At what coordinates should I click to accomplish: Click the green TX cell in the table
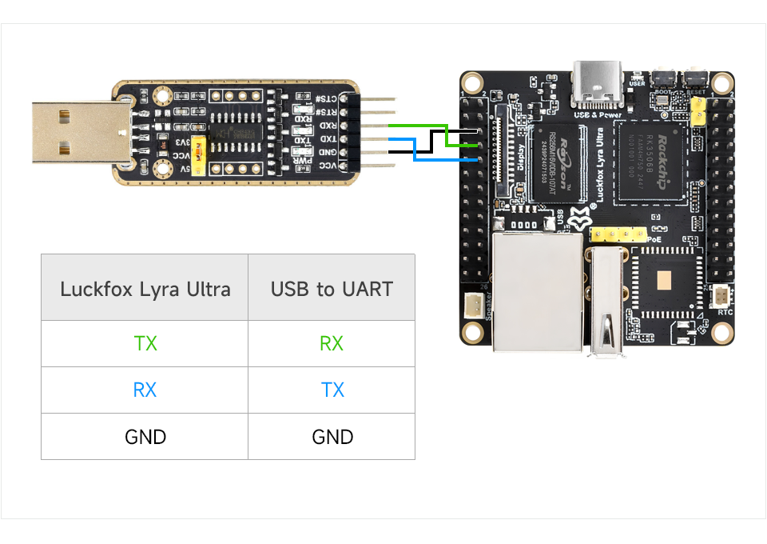(145, 344)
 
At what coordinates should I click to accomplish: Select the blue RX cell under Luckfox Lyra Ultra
(145, 390)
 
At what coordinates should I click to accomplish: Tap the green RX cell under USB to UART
(332, 344)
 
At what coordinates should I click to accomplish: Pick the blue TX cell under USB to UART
(332, 390)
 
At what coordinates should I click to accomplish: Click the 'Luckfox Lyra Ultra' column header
(145, 289)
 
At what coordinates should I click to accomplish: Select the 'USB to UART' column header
(332, 289)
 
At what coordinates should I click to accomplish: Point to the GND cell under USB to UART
(332, 437)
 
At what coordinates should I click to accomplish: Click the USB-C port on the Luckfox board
(596, 83)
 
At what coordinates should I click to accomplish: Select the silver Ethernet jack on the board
(538, 294)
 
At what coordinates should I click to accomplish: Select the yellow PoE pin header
(617, 234)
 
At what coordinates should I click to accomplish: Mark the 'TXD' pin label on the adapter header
(327, 139)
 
